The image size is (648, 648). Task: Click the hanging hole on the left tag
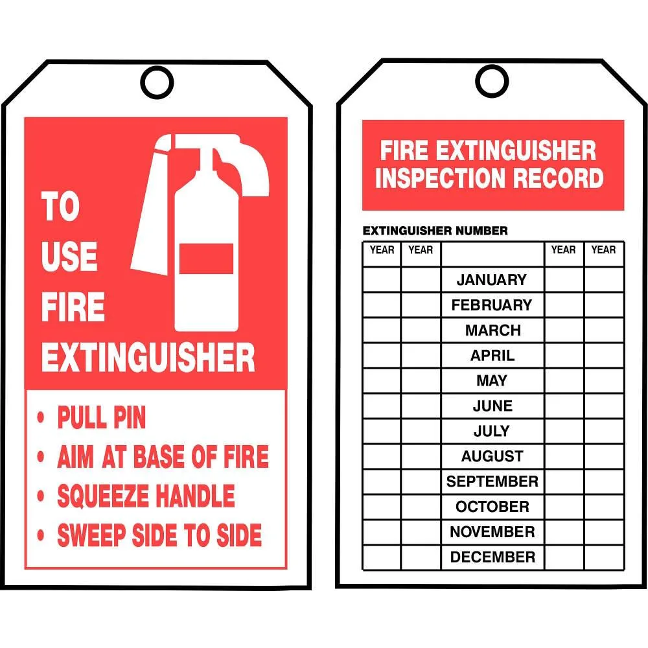(x=157, y=67)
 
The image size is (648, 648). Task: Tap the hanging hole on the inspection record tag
(x=492, y=65)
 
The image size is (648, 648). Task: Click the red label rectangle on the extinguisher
(x=206, y=259)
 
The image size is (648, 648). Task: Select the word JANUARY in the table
(x=492, y=280)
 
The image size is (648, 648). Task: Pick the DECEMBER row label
(x=492, y=557)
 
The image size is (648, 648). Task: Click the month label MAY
(x=492, y=380)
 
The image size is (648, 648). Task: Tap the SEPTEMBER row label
(x=492, y=481)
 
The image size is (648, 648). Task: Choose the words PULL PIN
(x=102, y=417)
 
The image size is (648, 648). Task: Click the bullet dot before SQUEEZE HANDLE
(x=40, y=496)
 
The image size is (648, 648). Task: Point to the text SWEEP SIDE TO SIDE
(x=159, y=535)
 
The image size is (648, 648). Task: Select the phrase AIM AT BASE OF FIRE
(x=163, y=457)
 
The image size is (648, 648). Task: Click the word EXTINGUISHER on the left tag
(x=148, y=358)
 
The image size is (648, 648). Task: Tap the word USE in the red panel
(x=69, y=256)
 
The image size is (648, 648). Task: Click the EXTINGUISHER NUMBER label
(x=435, y=231)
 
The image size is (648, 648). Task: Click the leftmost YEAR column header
(x=382, y=250)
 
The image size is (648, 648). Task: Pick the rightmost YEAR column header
(x=603, y=250)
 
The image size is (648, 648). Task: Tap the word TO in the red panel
(x=60, y=206)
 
